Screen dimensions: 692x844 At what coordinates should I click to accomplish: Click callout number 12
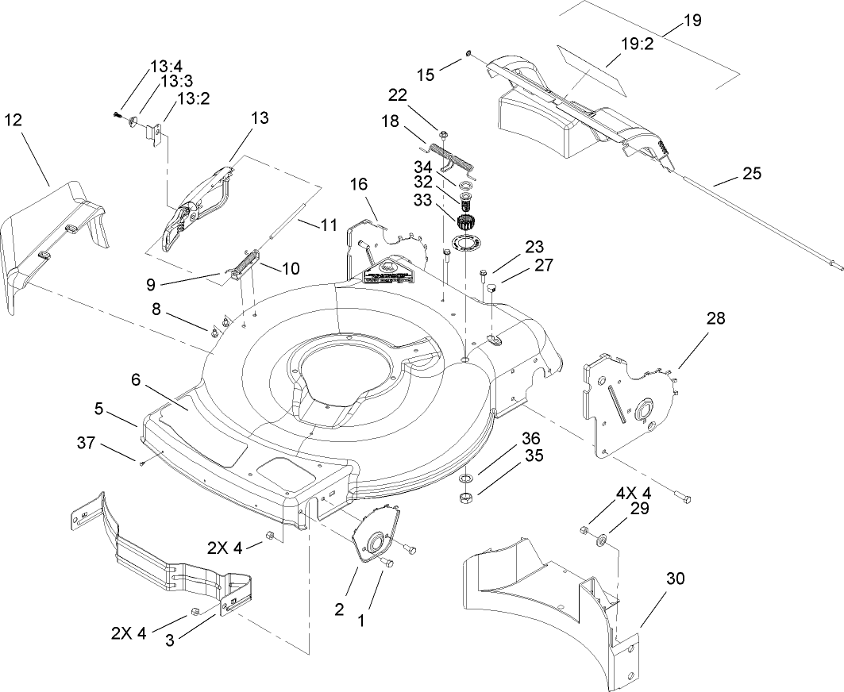point(13,120)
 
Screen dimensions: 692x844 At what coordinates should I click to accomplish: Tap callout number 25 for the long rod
point(751,172)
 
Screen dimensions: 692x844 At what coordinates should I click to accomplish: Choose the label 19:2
point(636,45)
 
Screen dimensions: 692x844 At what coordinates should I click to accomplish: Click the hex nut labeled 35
point(467,498)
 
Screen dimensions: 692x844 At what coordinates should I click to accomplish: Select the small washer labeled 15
point(468,53)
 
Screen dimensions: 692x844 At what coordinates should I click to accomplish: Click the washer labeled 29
point(601,540)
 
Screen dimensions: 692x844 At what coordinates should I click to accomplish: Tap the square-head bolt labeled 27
point(490,286)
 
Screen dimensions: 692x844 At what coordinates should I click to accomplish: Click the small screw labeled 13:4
point(118,116)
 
